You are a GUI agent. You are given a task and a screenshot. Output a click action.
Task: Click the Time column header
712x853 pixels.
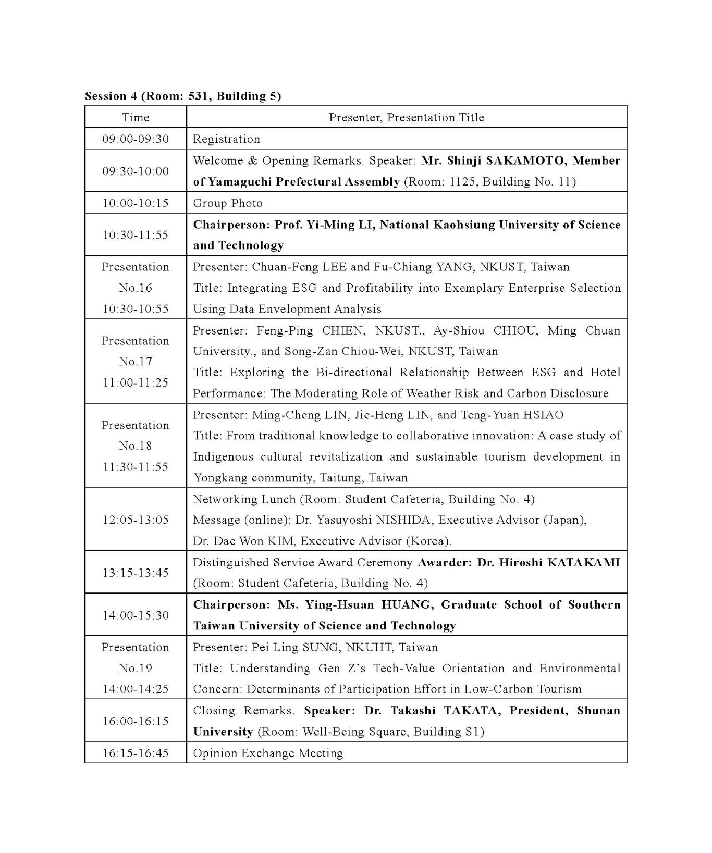click(x=136, y=118)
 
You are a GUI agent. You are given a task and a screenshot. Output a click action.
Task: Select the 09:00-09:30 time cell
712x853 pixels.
click(x=136, y=139)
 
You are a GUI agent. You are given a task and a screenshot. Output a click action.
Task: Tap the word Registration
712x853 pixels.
click(x=226, y=139)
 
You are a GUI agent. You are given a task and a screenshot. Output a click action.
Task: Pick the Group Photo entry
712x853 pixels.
click(x=228, y=203)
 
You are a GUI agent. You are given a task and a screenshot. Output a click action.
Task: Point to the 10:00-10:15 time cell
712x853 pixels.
click(x=136, y=203)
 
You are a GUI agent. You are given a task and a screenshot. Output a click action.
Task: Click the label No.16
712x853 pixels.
click(x=136, y=288)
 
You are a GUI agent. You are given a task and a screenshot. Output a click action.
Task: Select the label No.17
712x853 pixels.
click(x=136, y=362)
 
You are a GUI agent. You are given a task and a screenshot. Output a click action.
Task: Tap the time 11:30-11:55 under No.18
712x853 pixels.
click(x=136, y=467)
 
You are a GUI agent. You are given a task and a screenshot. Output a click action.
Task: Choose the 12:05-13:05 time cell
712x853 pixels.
click(x=136, y=520)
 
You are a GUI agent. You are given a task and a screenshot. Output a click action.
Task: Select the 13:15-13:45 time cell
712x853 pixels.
click(x=136, y=573)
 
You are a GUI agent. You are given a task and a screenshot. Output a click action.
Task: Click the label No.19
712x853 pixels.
click(x=136, y=669)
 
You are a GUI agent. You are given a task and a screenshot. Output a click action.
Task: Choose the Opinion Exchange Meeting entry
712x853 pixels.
click(x=268, y=753)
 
